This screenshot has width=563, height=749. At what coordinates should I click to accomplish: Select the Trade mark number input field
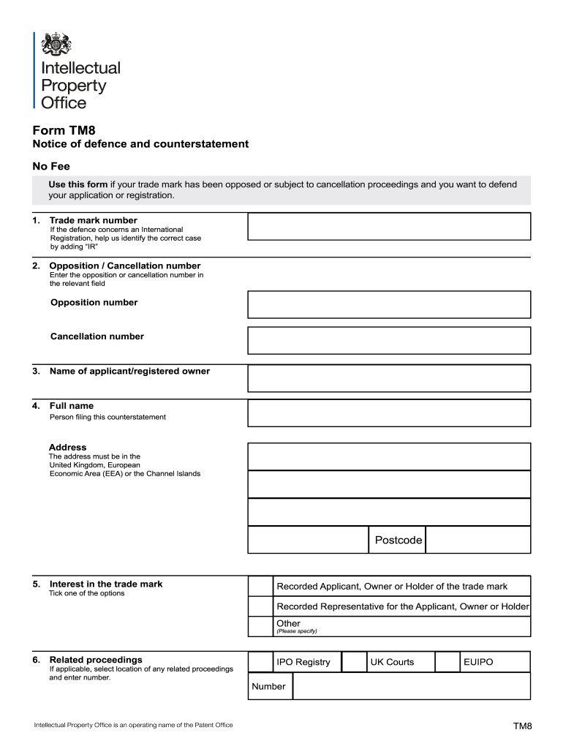pyautogui.click(x=389, y=226)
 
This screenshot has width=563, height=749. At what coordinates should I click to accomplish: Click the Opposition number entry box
pyautogui.click(x=389, y=304)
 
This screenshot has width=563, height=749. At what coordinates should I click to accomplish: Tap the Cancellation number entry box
pyautogui.click(x=389, y=340)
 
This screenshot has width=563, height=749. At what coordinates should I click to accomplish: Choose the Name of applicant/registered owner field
pyautogui.click(x=389, y=378)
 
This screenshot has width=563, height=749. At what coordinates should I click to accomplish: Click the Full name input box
pyautogui.click(x=389, y=413)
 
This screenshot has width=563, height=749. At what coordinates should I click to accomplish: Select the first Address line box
pyautogui.click(x=389, y=456)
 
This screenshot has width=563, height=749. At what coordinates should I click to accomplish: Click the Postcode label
pyautogui.click(x=398, y=541)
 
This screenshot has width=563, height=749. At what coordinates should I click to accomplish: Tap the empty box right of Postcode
pyautogui.click(x=477, y=541)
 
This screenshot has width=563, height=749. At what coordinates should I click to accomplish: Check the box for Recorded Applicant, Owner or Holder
pyautogui.click(x=260, y=586)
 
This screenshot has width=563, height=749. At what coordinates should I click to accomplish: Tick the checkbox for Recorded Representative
pyautogui.click(x=260, y=606)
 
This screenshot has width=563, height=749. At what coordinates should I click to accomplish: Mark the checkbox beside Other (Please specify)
pyautogui.click(x=260, y=627)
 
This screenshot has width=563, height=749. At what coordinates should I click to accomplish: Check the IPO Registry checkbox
pyautogui.click(x=260, y=662)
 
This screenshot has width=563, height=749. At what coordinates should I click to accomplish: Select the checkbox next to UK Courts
pyautogui.click(x=355, y=662)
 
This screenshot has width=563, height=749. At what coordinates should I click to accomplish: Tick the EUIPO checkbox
pyautogui.click(x=447, y=662)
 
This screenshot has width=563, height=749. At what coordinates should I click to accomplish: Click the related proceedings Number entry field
pyautogui.click(x=411, y=686)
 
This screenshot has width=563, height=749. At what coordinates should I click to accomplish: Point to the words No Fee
pyautogui.click(x=50, y=166)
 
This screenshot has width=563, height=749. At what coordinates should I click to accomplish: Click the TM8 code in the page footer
pyautogui.click(x=522, y=726)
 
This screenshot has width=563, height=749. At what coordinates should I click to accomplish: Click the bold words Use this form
pyautogui.click(x=78, y=184)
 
